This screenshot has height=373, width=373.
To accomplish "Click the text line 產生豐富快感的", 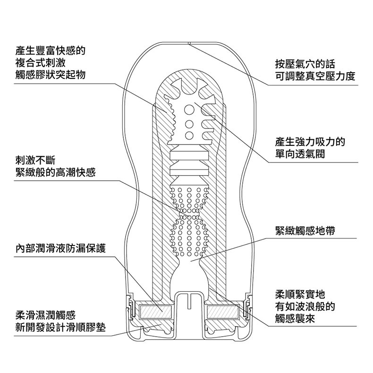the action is point(50,51).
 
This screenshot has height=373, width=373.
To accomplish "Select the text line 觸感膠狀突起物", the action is point(50,75).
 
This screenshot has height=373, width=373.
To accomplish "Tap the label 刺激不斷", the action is point(35,161).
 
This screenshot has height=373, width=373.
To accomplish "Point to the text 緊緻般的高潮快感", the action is point(55,172).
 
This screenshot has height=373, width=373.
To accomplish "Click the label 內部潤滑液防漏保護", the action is point(60,248).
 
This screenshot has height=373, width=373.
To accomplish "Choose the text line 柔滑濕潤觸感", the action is point(45,315).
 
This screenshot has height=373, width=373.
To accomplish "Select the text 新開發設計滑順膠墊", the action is point(60,328).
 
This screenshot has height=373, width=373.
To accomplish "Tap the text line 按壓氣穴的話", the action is point(305,64).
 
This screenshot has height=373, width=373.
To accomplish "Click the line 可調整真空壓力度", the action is point(315,76).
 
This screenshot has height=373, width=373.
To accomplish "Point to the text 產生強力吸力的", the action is point(310,142).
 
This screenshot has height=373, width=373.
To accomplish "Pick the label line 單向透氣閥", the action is point(300,154).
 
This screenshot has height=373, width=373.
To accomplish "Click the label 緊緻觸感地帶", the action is point(305,230).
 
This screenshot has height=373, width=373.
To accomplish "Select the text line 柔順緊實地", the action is point(300,294).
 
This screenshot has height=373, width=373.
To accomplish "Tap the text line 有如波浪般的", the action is point(305,306).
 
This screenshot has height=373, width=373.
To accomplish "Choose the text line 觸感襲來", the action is point(295,319).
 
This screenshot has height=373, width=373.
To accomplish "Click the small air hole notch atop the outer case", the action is point(189,43).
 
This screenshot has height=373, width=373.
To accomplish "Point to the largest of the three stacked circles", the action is point(189,110).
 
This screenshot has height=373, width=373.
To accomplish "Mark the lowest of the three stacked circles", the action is point(189,136).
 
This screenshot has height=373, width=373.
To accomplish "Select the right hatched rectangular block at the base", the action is point(223,312).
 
